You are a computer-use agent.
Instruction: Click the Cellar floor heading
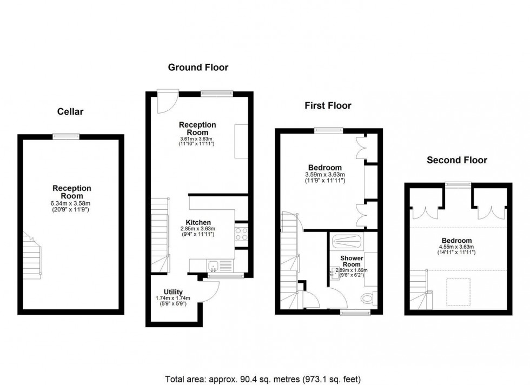point(70,112)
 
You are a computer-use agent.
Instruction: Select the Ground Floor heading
point(198,68)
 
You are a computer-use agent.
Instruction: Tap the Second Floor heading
point(456,160)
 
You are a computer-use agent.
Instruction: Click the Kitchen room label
point(198,222)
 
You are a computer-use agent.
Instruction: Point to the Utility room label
point(173,292)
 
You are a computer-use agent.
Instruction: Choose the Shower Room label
point(350,261)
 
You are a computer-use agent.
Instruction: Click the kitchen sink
point(214,265)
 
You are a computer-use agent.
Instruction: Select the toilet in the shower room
point(368,297)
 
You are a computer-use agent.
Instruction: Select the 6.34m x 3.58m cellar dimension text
point(71,203)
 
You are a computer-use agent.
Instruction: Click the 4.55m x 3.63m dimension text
point(456,248)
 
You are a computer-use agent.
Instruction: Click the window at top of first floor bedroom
point(329,130)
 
